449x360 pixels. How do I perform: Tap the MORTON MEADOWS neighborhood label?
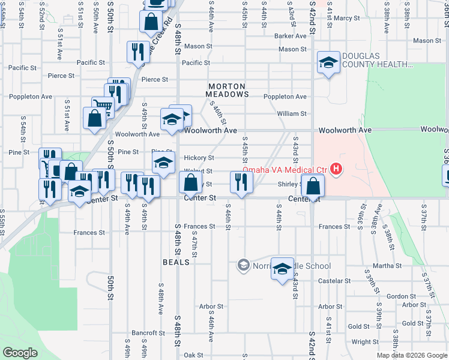pyautogui.click(x=227, y=90)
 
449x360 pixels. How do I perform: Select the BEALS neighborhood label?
pyautogui.click(x=176, y=262)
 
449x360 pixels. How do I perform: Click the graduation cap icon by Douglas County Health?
pyautogui.click(x=328, y=63)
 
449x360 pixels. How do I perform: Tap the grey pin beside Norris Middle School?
pyautogui.click(x=243, y=265)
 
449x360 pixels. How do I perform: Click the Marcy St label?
pyautogui.click(x=347, y=19)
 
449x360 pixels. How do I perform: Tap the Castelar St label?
pyautogui.click(x=334, y=281)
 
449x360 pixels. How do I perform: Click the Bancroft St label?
pyautogui.click(x=148, y=333)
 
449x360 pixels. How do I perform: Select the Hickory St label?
pyautogui.click(x=199, y=158)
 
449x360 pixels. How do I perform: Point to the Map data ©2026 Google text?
pyautogui.click(x=411, y=355)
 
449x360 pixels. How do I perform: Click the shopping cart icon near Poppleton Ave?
pyautogui.click(x=103, y=107)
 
